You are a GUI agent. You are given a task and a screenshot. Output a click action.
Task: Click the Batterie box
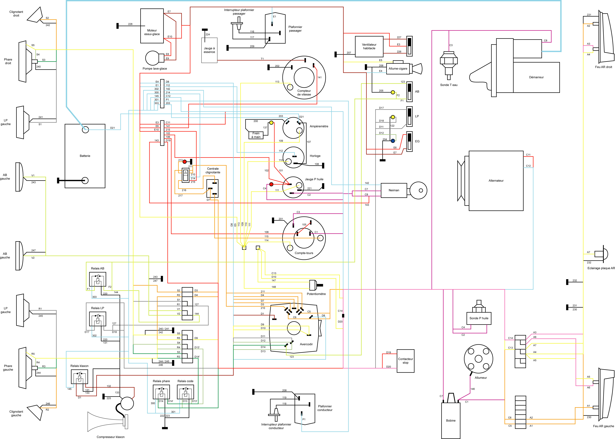[x=85, y=156]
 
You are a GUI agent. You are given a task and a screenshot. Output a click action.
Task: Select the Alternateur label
[x=496, y=181]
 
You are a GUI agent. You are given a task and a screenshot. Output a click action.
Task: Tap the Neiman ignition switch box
[x=394, y=190]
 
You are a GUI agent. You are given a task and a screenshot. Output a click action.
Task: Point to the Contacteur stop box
[x=405, y=361]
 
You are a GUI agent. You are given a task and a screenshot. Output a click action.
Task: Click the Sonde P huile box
[x=479, y=318]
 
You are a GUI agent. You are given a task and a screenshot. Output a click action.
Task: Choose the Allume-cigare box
[x=398, y=69]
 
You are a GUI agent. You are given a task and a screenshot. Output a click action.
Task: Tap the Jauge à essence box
[x=209, y=50]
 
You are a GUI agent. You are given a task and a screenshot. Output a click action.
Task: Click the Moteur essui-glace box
[x=152, y=26]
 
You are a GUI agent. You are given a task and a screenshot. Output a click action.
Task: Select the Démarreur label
[x=536, y=77]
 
